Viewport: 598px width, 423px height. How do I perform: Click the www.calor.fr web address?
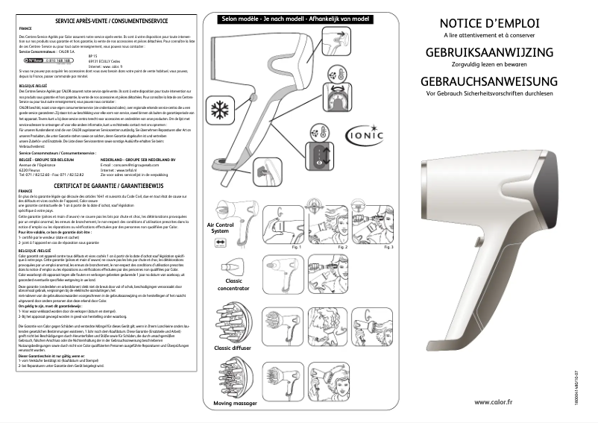tap(493, 401)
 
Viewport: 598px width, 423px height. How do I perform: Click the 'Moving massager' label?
tap(235, 404)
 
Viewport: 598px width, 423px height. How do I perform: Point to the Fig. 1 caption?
tap(296, 247)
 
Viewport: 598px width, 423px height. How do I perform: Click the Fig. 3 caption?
tap(387, 247)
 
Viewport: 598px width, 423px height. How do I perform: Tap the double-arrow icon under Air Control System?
tap(219, 243)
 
